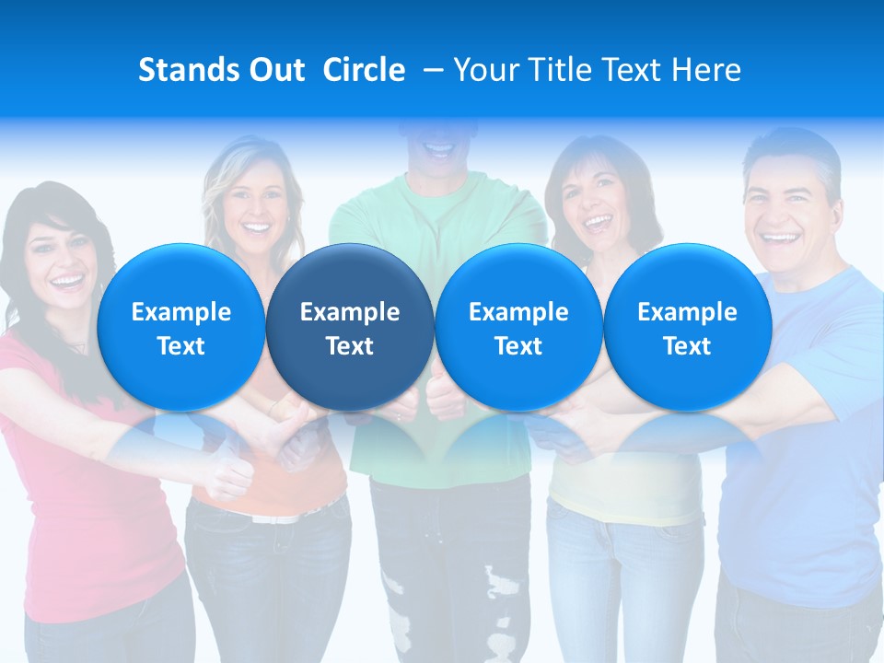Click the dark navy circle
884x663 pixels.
(350, 327)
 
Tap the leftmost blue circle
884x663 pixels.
(180, 327)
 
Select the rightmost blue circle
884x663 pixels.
(687, 327)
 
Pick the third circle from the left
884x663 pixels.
(518, 327)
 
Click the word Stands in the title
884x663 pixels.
(188, 70)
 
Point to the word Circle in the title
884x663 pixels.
(364, 70)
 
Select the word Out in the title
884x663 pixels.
(277, 70)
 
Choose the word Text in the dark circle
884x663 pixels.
(350, 346)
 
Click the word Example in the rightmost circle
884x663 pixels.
(687, 312)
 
